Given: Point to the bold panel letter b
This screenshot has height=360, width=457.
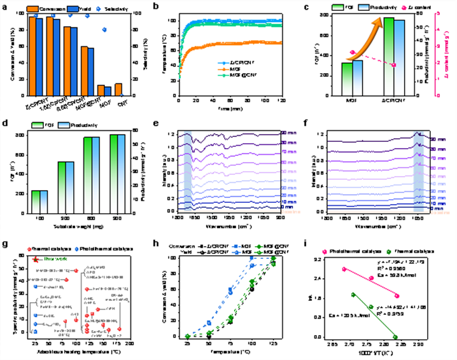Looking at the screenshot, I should coord(157,7).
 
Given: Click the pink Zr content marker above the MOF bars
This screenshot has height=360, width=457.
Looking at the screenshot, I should coord(352,52).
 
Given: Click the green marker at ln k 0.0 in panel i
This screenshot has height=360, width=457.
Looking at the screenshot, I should coord(395,337).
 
